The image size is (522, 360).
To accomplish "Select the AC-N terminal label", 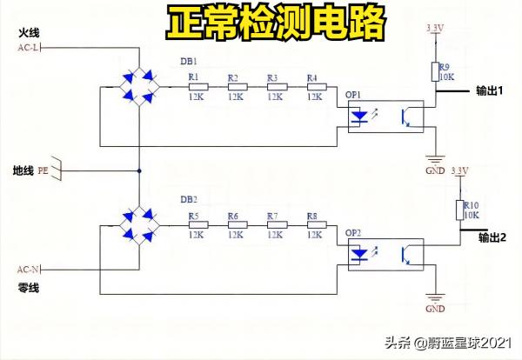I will coord(29,269).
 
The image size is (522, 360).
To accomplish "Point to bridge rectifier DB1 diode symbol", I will coord(139,86).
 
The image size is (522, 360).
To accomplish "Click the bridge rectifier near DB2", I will coord(139,223).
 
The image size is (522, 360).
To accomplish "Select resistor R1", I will coord(196,86).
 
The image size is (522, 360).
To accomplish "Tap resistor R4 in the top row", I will coord(316,86).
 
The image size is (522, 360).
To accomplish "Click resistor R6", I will coord(235,224).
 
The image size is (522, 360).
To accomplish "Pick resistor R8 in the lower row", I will coord(316,224).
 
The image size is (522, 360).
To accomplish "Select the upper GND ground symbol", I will coord(432,163).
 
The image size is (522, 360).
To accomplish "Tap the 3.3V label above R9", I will coord(435,28).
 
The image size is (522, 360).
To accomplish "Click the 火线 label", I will coord(29,32).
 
